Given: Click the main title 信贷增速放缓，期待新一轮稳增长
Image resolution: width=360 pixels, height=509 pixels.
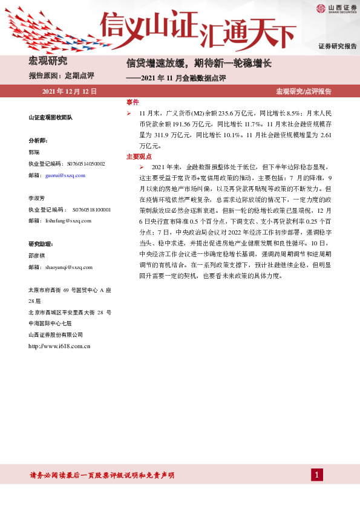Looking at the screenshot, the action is [198, 62].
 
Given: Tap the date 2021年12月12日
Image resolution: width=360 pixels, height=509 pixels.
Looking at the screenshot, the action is [70, 92].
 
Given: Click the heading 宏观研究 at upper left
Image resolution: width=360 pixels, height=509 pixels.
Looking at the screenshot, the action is [48, 61].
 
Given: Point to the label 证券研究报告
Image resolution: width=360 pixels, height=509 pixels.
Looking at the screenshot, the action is [338, 47].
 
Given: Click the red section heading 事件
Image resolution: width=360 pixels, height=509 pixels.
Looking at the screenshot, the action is [133, 102].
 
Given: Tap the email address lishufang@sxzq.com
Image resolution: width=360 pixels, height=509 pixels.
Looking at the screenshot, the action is [68, 221].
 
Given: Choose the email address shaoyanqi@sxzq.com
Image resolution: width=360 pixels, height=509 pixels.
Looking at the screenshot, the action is [69, 267].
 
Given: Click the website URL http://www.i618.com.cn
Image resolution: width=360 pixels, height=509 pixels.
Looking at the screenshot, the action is [59, 346].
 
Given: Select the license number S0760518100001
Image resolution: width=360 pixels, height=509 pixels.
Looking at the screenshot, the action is [91, 209].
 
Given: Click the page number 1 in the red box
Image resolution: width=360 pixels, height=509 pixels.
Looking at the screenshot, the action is [316, 475].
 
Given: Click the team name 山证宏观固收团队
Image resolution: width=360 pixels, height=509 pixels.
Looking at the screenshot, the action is [50, 117].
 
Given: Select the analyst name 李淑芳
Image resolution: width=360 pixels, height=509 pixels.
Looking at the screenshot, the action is [37, 198].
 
